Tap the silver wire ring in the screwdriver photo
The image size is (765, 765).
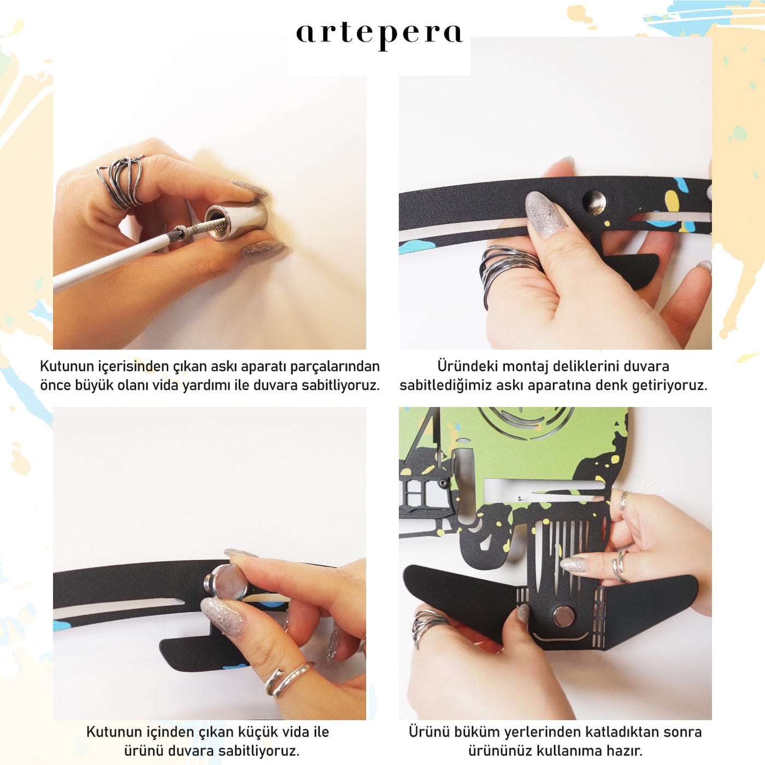121,181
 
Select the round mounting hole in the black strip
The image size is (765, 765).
594,202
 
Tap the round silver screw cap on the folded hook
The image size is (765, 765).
564,616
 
